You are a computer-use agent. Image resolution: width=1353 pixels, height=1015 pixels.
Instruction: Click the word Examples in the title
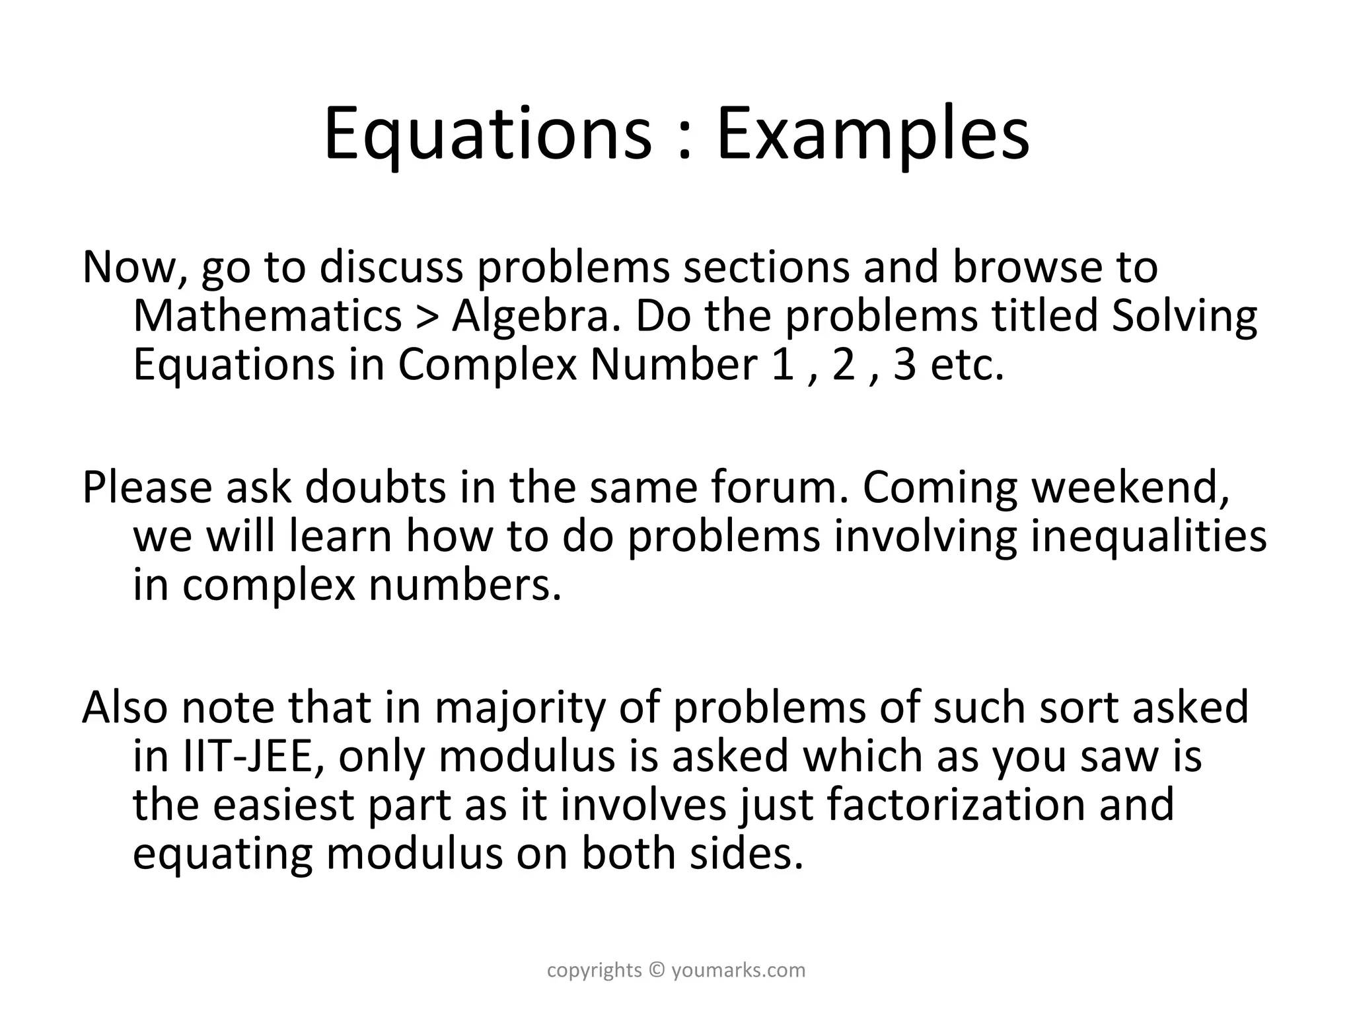pos(873,135)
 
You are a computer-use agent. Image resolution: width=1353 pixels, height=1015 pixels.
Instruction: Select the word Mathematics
pos(268,316)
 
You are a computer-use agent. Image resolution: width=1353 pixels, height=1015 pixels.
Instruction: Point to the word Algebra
pos(538,316)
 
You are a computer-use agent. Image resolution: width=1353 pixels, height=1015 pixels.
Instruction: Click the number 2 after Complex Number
pos(844,365)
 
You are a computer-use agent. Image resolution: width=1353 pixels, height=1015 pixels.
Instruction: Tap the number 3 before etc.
pos(905,365)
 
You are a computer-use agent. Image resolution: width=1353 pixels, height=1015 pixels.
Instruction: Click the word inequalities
pos(1149,537)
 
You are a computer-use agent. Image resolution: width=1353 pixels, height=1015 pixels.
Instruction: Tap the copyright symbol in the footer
pos(656,970)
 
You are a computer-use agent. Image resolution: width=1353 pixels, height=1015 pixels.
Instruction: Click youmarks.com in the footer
pos(739,970)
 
